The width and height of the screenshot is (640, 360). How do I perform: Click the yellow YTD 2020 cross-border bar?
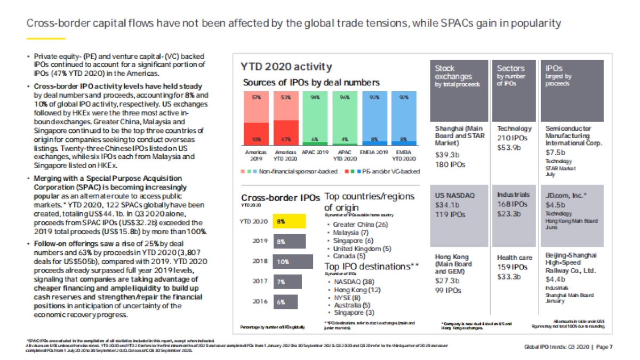(289, 221)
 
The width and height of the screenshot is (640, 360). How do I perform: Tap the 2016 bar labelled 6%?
(285, 302)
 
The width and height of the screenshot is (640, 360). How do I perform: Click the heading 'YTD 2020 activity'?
(286, 67)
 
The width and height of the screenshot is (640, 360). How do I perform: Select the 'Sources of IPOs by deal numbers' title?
(311, 83)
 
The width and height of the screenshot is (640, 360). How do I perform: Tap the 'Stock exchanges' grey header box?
(459, 91)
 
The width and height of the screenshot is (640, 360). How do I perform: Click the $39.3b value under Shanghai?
(446, 154)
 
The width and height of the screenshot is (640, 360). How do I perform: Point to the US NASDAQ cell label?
(455, 195)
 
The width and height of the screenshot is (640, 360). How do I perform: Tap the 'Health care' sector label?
(515, 258)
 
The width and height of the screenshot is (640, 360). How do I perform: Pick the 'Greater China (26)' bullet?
(361, 225)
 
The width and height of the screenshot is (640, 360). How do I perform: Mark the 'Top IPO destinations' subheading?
(371, 266)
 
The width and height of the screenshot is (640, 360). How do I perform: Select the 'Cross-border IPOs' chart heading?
(281, 198)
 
